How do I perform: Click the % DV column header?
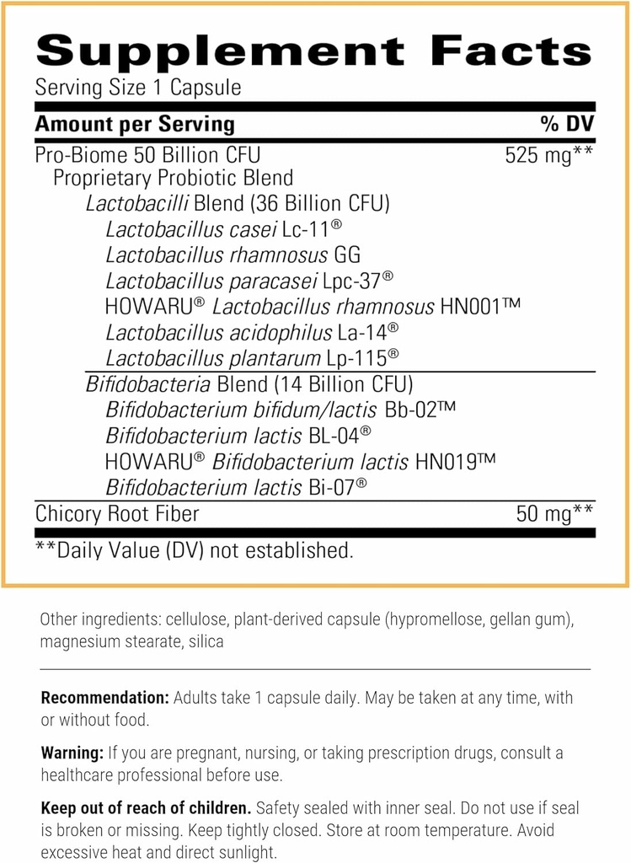click(x=567, y=124)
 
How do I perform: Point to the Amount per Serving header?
click(x=135, y=124)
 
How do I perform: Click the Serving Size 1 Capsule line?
click(x=138, y=87)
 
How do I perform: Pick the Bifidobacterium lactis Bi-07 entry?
click(x=237, y=487)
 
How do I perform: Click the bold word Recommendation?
click(x=104, y=698)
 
